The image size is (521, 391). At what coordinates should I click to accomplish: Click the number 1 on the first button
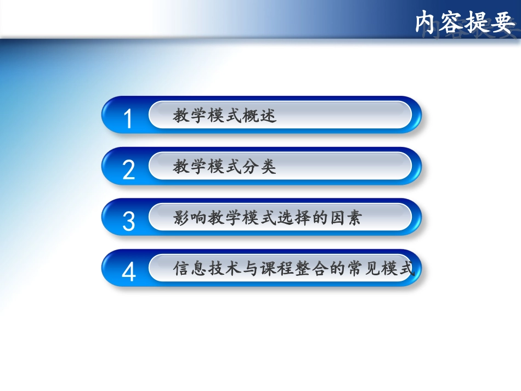coord(128,119)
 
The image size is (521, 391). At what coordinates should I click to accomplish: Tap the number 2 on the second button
coord(128,170)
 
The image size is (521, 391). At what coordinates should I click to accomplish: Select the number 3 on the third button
coord(128,221)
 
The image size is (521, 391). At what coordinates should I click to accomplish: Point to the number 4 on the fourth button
coord(128,272)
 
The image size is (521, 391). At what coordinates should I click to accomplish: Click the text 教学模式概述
coord(225,116)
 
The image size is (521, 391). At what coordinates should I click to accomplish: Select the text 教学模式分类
coord(225,167)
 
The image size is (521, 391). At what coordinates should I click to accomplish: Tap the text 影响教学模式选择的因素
coord(268,218)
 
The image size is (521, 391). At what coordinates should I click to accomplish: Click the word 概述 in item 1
coord(260,116)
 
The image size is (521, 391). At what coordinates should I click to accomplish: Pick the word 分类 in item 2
coord(260,167)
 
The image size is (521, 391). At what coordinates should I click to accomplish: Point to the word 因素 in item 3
coord(345,218)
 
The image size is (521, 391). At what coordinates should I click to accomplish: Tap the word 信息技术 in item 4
coord(207,269)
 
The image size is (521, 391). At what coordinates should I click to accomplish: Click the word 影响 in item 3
coord(190,218)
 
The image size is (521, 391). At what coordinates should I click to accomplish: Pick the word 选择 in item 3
coord(293,218)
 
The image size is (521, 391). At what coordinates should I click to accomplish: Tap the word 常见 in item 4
coord(363,269)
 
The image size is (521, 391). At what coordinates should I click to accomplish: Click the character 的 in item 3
coord(319,218)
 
